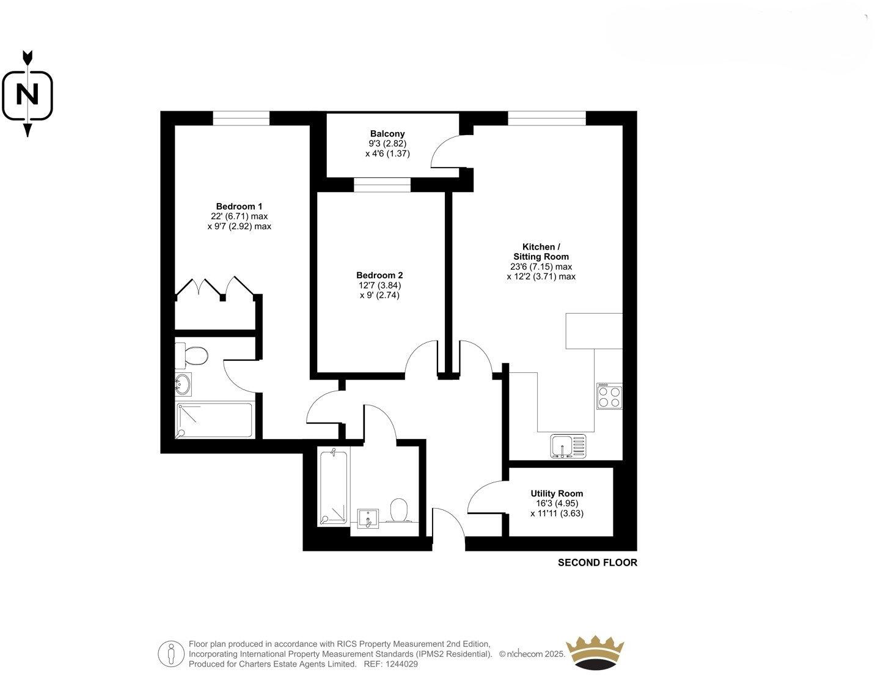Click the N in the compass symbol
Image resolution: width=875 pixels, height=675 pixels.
(27, 95)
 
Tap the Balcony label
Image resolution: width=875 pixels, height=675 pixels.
(387, 133)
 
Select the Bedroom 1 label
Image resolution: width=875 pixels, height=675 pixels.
(239, 206)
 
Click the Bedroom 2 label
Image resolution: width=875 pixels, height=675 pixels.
(379, 275)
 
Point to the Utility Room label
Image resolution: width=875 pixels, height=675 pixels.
(557, 493)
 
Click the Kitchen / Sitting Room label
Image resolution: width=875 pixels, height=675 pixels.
(541, 251)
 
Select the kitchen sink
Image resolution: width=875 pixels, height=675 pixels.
(567, 446)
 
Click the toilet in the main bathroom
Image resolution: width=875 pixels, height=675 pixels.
(399, 511)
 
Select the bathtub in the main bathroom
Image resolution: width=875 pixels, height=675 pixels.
(334, 487)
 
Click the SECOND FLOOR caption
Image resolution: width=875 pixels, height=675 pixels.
(597, 562)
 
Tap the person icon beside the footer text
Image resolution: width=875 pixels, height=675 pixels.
(171, 654)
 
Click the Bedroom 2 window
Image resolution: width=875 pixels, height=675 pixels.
(383, 185)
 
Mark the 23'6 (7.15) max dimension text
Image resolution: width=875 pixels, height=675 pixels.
(541, 267)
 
